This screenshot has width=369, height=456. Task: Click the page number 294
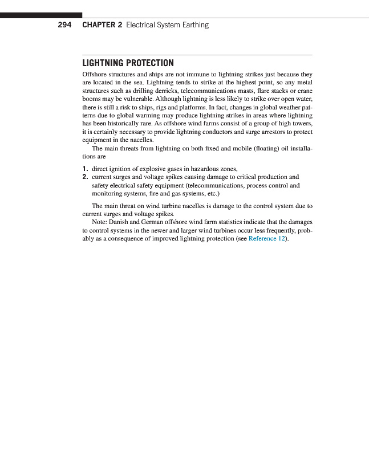click(x=64, y=25)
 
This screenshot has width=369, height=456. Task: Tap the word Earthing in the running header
click(x=194, y=25)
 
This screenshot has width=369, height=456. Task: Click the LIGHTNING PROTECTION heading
click(x=128, y=63)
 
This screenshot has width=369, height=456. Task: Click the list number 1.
click(x=84, y=168)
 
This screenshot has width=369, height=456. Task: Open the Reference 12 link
click(x=266, y=238)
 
